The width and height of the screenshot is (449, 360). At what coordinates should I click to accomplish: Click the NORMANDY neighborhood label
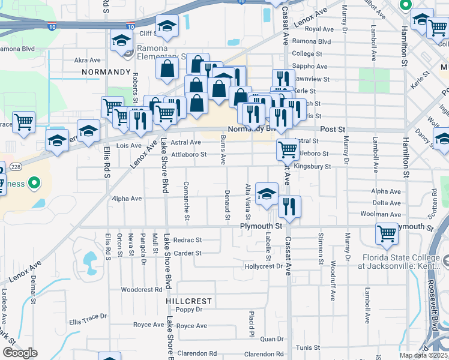tap(106, 72)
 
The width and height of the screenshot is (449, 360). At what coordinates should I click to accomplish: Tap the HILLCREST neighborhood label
tap(189, 301)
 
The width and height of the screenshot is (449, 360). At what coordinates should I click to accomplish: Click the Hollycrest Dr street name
tap(263, 266)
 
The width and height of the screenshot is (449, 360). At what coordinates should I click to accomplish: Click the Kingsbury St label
tap(312, 166)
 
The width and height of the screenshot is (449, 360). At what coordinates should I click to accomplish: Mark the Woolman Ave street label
tap(381, 214)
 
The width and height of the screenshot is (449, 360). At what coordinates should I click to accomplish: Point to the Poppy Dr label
tap(189, 310)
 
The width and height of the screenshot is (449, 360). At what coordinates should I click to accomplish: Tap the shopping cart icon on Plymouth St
tap(387, 235)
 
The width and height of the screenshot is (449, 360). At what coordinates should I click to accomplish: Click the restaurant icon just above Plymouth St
tap(289, 208)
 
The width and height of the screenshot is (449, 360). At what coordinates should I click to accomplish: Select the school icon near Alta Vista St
tap(267, 194)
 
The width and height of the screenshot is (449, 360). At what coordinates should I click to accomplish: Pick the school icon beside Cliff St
tap(167, 26)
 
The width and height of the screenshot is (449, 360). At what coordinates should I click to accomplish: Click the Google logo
tap(19, 353)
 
